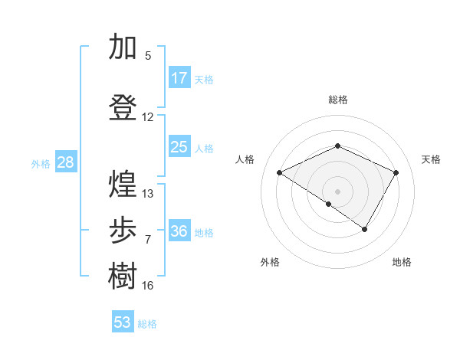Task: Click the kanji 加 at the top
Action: click(x=123, y=47)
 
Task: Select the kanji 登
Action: click(x=123, y=107)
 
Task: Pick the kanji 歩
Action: click(x=123, y=230)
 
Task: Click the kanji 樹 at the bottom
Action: click(x=123, y=276)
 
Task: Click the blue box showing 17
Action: click(x=179, y=78)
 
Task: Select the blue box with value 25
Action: click(x=179, y=147)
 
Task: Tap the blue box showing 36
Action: click(x=179, y=231)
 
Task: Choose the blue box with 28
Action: click(x=65, y=162)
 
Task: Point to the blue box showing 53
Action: click(x=123, y=322)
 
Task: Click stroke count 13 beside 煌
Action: click(x=148, y=194)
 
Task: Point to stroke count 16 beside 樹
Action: click(x=148, y=286)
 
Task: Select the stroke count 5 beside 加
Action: click(x=148, y=56)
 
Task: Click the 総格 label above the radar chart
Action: click(x=338, y=100)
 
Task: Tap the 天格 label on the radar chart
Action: click(x=432, y=159)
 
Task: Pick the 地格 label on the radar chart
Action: click(x=402, y=262)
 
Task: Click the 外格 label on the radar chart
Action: click(x=270, y=262)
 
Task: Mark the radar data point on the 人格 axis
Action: click(x=280, y=173)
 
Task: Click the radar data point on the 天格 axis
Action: click(x=396, y=172)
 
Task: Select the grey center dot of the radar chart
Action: click(x=337, y=191)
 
